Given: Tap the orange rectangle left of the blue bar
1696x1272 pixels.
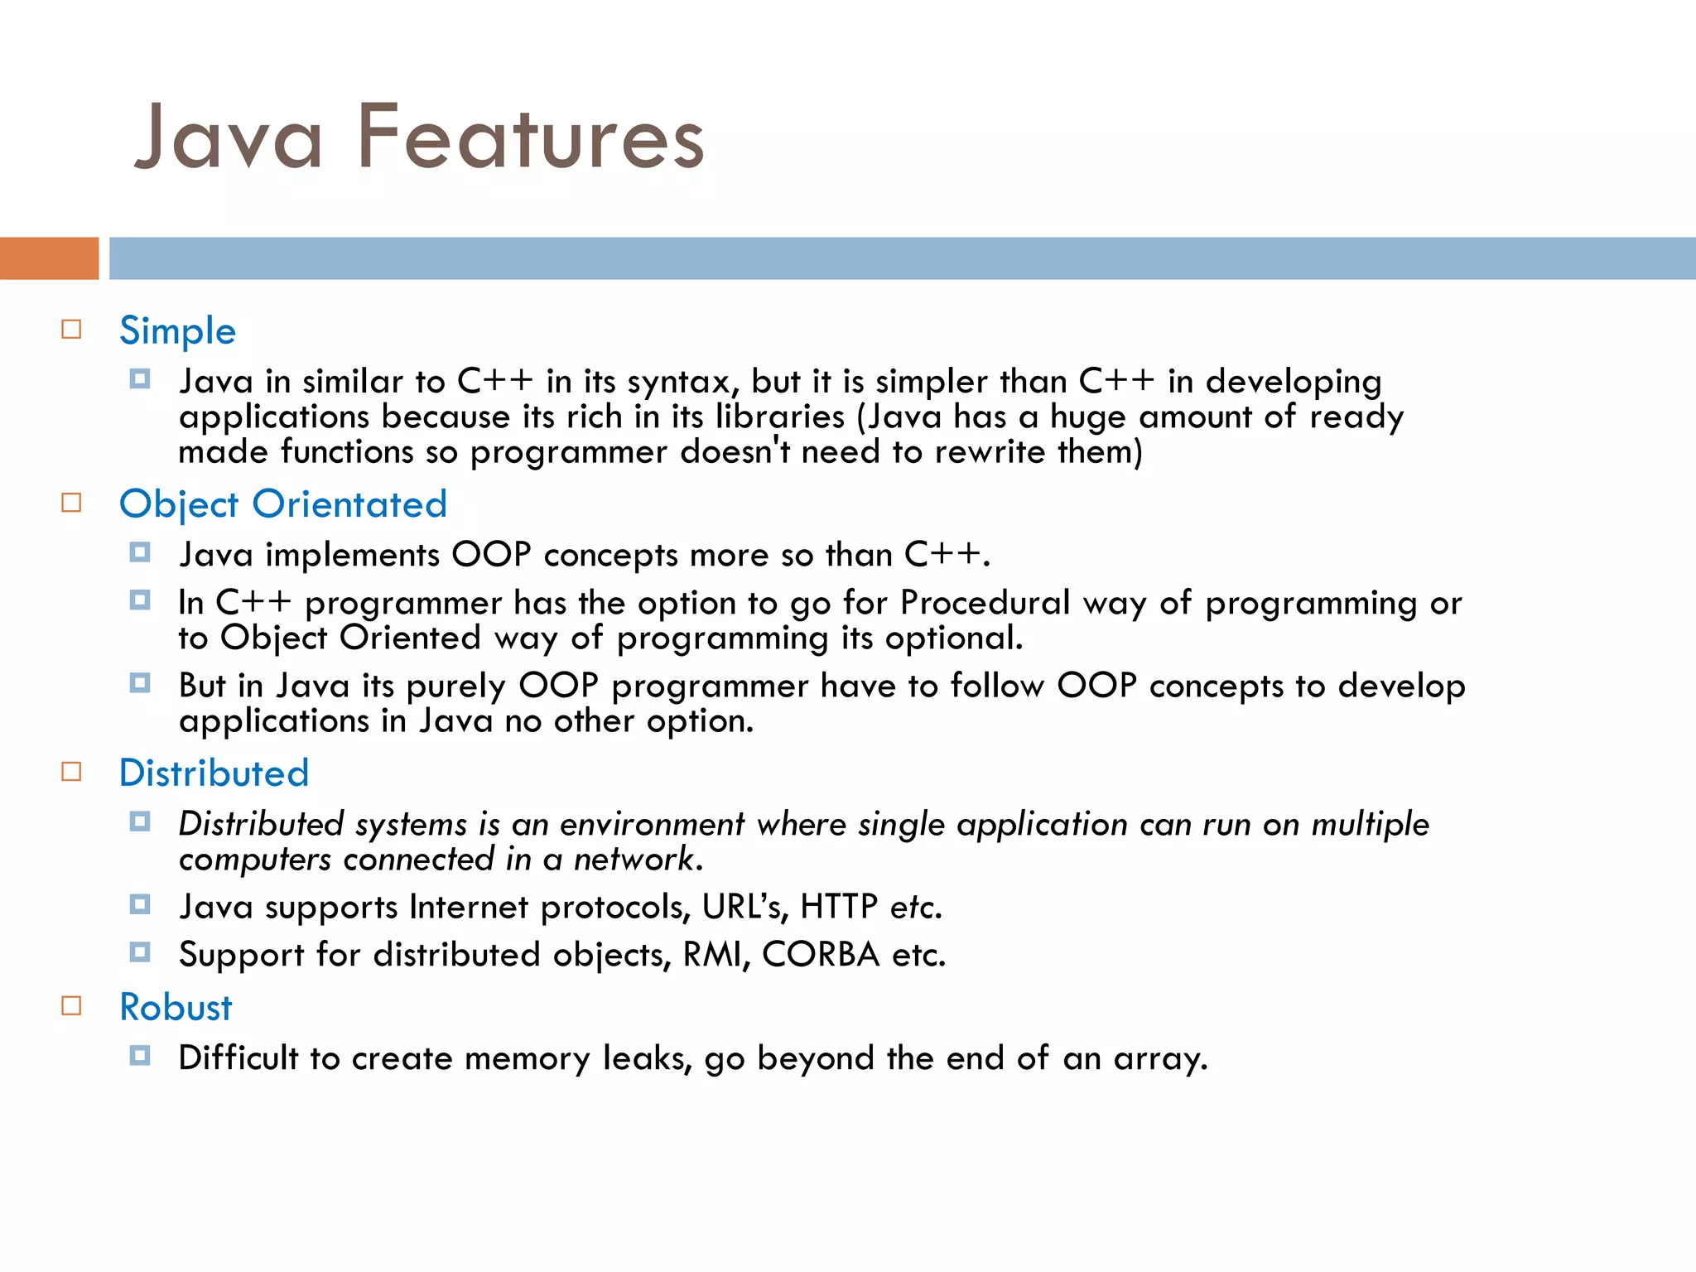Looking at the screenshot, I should click(49, 258).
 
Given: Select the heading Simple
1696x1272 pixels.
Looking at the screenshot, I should click(177, 330).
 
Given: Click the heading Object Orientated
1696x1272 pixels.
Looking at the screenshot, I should click(282, 504).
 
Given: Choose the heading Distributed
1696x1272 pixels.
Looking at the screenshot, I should click(214, 773).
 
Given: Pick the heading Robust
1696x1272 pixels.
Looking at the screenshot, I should click(176, 1007).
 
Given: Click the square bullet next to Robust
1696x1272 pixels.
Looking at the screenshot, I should click(72, 1006).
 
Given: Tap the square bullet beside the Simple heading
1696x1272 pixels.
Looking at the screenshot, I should click(72, 330).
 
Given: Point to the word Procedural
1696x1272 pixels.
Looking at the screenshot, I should click(985, 603).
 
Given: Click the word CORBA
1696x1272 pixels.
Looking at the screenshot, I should click(821, 955).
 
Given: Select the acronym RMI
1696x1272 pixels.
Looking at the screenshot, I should click(716, 955).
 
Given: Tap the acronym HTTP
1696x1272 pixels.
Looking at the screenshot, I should click(838, 907).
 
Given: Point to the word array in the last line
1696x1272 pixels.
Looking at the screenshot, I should click(1159, 1059).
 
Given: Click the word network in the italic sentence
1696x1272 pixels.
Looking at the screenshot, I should click(638, 860).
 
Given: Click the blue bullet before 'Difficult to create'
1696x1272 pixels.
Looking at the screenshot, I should click(140, 1056).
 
